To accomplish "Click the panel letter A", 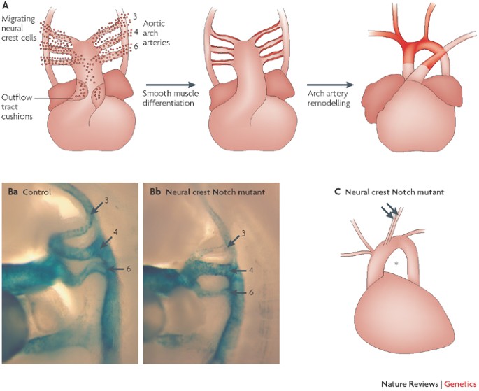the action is point(5,6).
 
